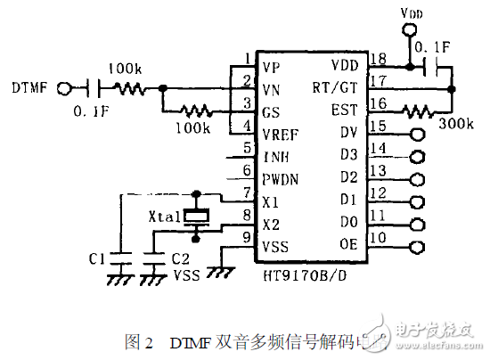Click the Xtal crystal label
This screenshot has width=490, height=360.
pyautogui.click(x=167, y=217)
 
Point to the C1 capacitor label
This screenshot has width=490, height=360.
pyautogui.click(x=99, y=258)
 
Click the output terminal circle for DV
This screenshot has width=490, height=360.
pyautogui.click(x=417, y=135)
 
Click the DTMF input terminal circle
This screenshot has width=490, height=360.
pyautogui.click(x=63, y=87)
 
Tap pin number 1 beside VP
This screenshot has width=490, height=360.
pyautogui.click(x=247, y=60)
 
